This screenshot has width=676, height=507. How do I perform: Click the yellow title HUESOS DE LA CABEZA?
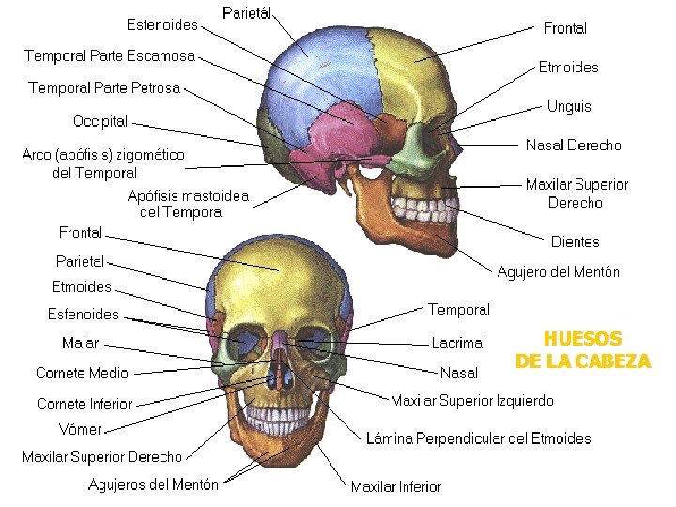point(582,349)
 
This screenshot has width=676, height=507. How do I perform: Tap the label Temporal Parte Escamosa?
point(110,56)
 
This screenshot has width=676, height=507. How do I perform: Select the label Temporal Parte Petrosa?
point(104,88)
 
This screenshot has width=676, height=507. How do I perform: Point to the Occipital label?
point(100,121)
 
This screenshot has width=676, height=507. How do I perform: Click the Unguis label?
point(569,106)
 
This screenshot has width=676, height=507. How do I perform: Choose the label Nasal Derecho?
point(573,146)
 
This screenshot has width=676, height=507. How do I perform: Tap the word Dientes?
point(575,242)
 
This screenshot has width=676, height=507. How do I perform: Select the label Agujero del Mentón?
point(558,272)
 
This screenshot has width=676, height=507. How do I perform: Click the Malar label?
point(80,344)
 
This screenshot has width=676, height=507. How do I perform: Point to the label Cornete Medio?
point(82,374)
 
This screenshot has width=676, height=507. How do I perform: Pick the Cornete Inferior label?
point(84,404)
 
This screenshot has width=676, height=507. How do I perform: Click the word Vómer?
point(80,429)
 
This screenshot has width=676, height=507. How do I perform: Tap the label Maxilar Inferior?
point(395,486)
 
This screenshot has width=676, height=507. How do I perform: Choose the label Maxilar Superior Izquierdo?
point(472,401)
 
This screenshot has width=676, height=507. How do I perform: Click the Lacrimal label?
point(458,344)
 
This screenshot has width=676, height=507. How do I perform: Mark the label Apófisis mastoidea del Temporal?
point(188,205)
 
